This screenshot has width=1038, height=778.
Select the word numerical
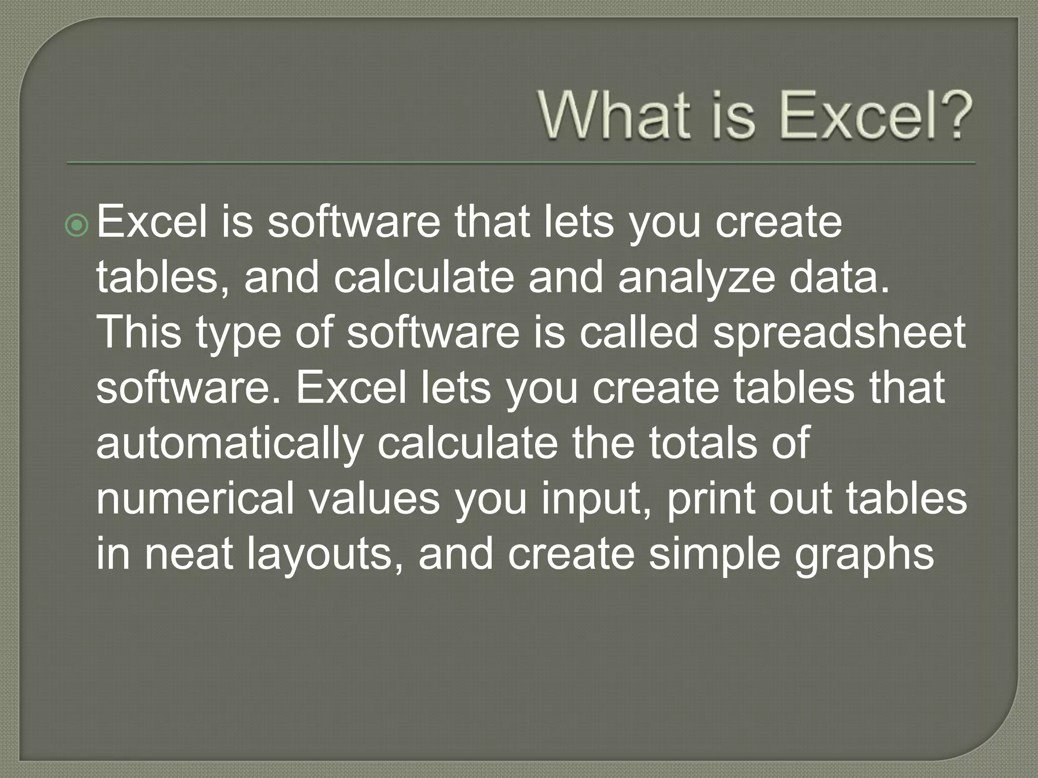pos(195,499)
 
